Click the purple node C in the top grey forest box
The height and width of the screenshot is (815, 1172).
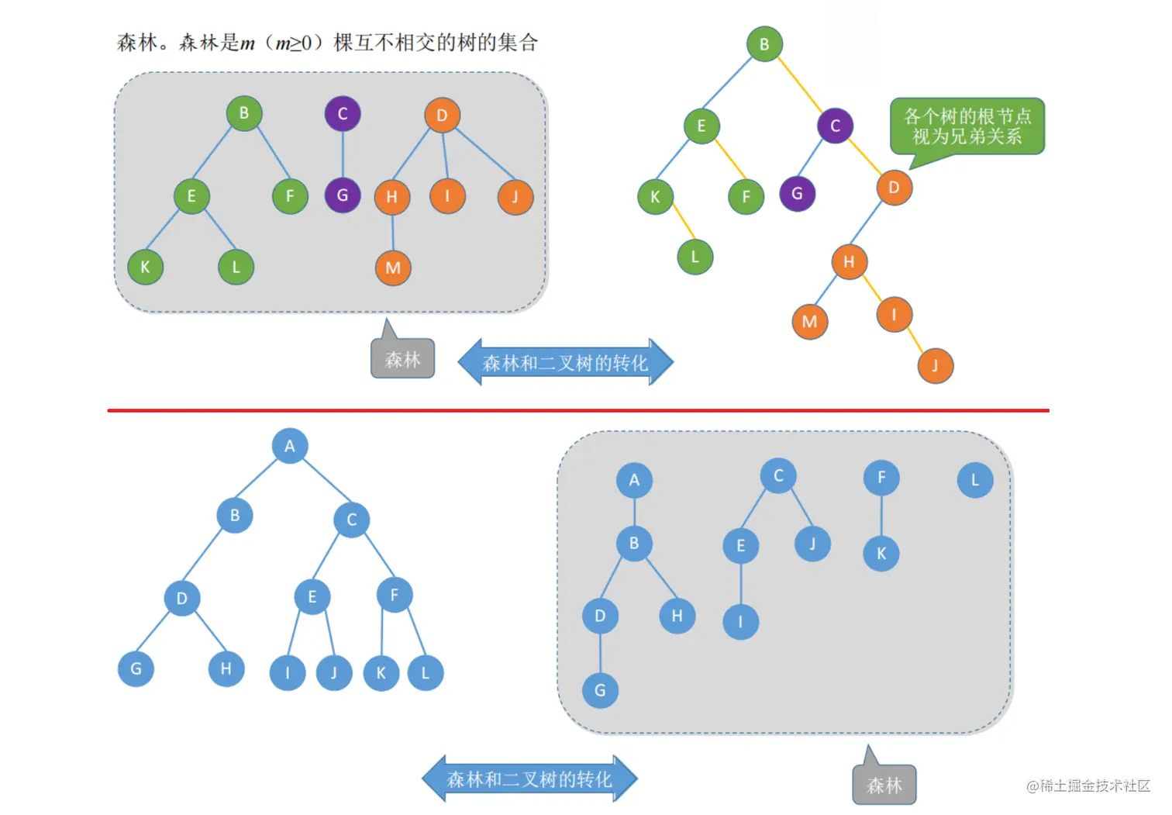[343, 114]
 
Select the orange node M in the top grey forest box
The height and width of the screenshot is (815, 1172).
[393, 268]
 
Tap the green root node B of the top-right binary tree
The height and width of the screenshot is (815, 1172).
[764, 44]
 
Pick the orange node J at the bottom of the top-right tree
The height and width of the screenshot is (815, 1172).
[935, 366]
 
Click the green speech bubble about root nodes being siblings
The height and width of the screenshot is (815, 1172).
[967, 126]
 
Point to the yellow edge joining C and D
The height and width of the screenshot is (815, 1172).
[865, 157]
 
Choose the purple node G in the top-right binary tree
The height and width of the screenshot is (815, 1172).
[797, 193]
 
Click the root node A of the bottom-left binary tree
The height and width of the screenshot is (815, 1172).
[290, 446]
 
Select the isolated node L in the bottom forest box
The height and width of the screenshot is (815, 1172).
[974, 480]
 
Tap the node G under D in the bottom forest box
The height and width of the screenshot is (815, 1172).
[600, 689]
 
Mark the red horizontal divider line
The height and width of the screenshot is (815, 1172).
[577, 410]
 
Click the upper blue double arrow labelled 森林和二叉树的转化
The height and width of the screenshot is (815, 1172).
[565, 362]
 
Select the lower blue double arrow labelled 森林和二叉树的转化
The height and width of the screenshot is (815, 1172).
[529, 779]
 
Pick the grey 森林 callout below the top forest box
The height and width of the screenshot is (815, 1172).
[402, 360]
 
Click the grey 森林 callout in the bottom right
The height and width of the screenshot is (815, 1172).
[884, 785]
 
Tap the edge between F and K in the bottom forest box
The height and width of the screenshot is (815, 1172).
[881, 516]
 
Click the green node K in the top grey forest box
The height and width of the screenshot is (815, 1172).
[145, 267]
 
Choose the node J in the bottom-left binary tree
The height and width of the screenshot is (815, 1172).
[334, 672]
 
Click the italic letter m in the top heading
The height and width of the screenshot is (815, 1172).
[247, 43]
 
